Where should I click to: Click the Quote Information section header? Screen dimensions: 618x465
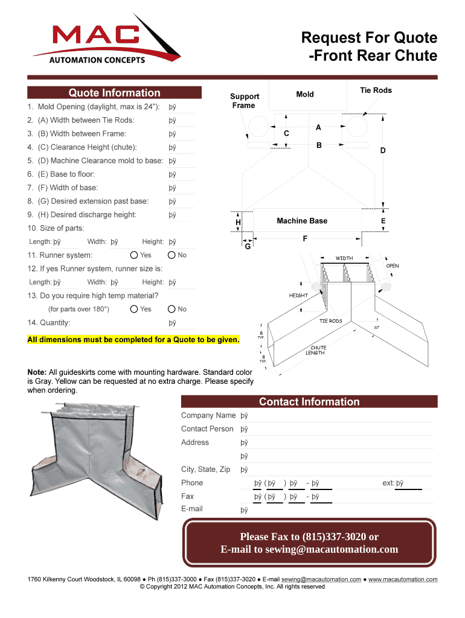coord(114,93)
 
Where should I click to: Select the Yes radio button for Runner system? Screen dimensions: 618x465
coord(135,255)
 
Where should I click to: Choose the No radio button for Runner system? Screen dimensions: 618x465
coord(172,255)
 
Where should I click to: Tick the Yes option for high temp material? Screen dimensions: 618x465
coord(135,309)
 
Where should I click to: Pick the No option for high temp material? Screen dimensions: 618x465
coord(172,309)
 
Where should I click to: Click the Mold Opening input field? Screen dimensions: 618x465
coord(181,107)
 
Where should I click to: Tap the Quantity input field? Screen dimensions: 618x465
coord(181,323)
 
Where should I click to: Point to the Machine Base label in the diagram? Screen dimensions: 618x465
coord(302,221)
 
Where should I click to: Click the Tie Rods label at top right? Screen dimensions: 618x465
coord(376,91)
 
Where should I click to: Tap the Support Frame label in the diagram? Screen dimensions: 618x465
coord(245,101)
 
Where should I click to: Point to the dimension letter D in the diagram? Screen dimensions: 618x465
coord(382,151)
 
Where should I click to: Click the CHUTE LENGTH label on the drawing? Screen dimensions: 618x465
coord(318,351)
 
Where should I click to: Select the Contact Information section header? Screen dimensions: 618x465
coord(309,402)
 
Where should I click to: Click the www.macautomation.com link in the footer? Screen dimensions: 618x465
coord(403,579)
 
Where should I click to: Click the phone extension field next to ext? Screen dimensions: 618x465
coord(407,483)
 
